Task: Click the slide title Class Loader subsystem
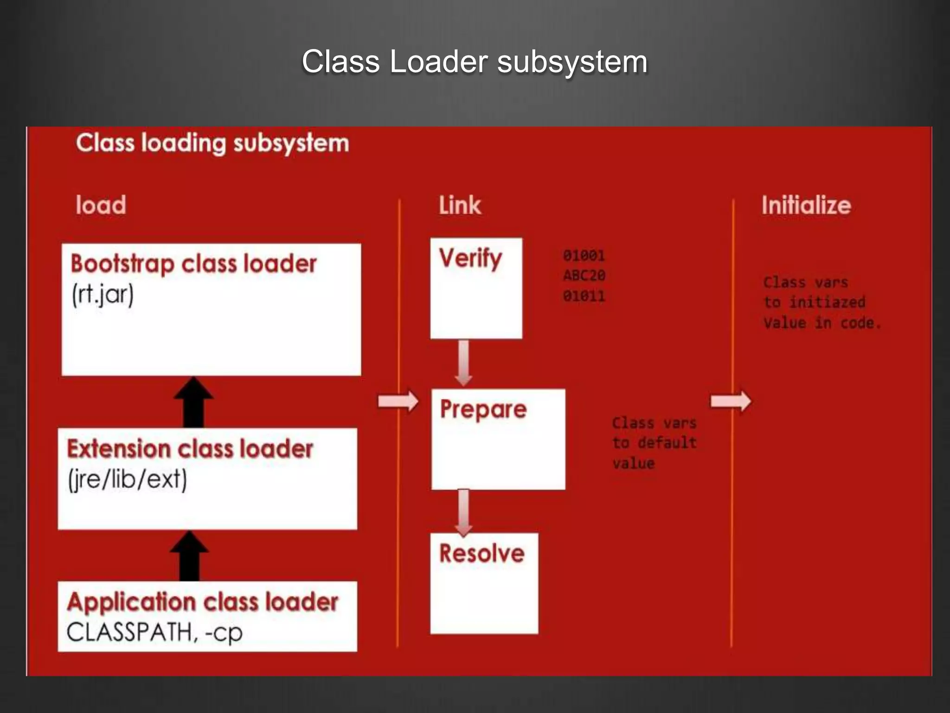[474, 61]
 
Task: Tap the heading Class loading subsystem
[212, 143]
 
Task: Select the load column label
[101, 205]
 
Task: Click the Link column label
[460, 205]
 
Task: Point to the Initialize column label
[806, 205]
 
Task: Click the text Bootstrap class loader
[193, 264]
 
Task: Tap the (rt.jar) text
[103, 294]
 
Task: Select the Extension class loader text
[190, 449]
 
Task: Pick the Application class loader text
[203, 602]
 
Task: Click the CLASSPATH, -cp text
[154, 632]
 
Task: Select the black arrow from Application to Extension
[189, 556]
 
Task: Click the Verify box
[476, 288]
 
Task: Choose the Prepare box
[498, 439]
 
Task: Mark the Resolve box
[484, 583]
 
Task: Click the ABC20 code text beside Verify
[584, 275]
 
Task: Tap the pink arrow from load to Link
[398, 401]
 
